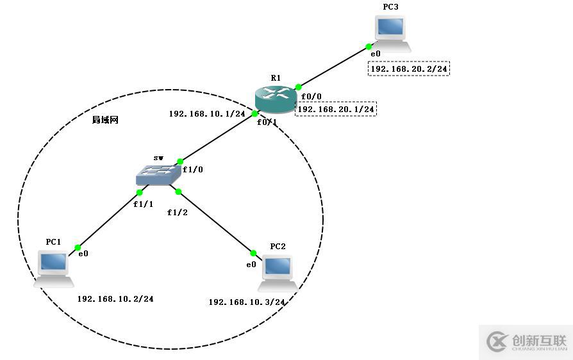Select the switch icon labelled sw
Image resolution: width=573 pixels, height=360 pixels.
pyautogui.click(x=158, y=174)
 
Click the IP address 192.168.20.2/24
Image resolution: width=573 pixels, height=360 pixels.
pyautogui.click(x=409, y=69)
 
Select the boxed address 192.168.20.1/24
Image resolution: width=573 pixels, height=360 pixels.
pyautogui.click(x=336, y=110)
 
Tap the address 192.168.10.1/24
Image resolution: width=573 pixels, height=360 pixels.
pyautogui.click(x=207, y=114)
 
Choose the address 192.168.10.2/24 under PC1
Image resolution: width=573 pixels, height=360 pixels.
pyautogui.click(x=115, y=299)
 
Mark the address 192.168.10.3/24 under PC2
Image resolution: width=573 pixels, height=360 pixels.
pyautogui.click(x=247, y=302)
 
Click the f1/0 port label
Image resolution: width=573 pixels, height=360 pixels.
pyautogui.click(x=192, y=170)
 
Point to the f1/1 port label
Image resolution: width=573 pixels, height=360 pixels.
pyautogui.click(x=144, y=204)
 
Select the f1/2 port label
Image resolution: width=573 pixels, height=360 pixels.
pyautogui.click(x=178, y=212)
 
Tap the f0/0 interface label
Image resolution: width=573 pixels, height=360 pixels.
pyautogui.click(x=311, y=97)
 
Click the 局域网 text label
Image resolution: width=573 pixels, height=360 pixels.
pyautogui.click(x=105, y=120)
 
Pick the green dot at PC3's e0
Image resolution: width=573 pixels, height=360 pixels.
pyautogui.click(x=369, y=46)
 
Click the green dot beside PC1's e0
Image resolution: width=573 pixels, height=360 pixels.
pyautogui.click(x=78, y=247)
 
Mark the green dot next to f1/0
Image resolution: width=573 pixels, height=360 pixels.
pyautogui.click(x=180, y=161)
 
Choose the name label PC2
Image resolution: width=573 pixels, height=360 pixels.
pyautogui.click(x=278, y=246)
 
